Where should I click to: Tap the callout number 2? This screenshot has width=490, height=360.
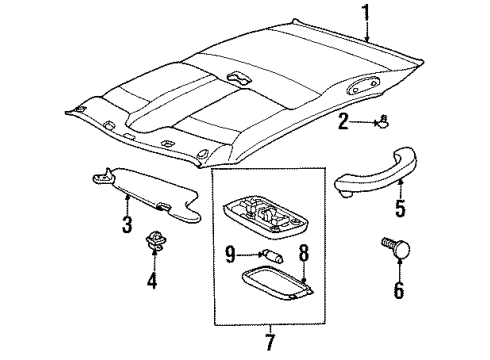click(343, 122)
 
